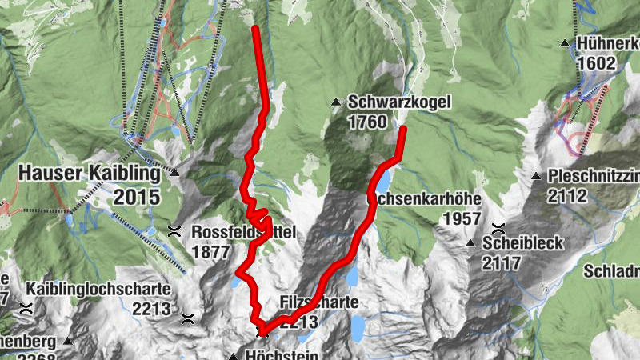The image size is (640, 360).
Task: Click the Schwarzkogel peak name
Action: (x=400, y=102)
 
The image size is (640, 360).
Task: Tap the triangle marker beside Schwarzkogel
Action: (x=336, y=102)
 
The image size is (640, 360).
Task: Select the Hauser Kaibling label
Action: (x=89, y=172)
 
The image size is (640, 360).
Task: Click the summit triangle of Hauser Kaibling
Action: (x=174, y=171)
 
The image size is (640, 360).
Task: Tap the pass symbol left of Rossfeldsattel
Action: (x=174, y=232)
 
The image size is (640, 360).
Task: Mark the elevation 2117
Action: (x=502, y=262)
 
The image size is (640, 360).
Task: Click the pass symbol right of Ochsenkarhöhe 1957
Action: (x=499, y=228)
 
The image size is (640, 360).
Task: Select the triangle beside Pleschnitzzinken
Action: (x=537, y=176)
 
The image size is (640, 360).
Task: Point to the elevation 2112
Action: (x=569, y=194)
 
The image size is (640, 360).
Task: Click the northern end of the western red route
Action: (x=255, y=29)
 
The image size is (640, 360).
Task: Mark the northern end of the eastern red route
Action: (x=402, y=129)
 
